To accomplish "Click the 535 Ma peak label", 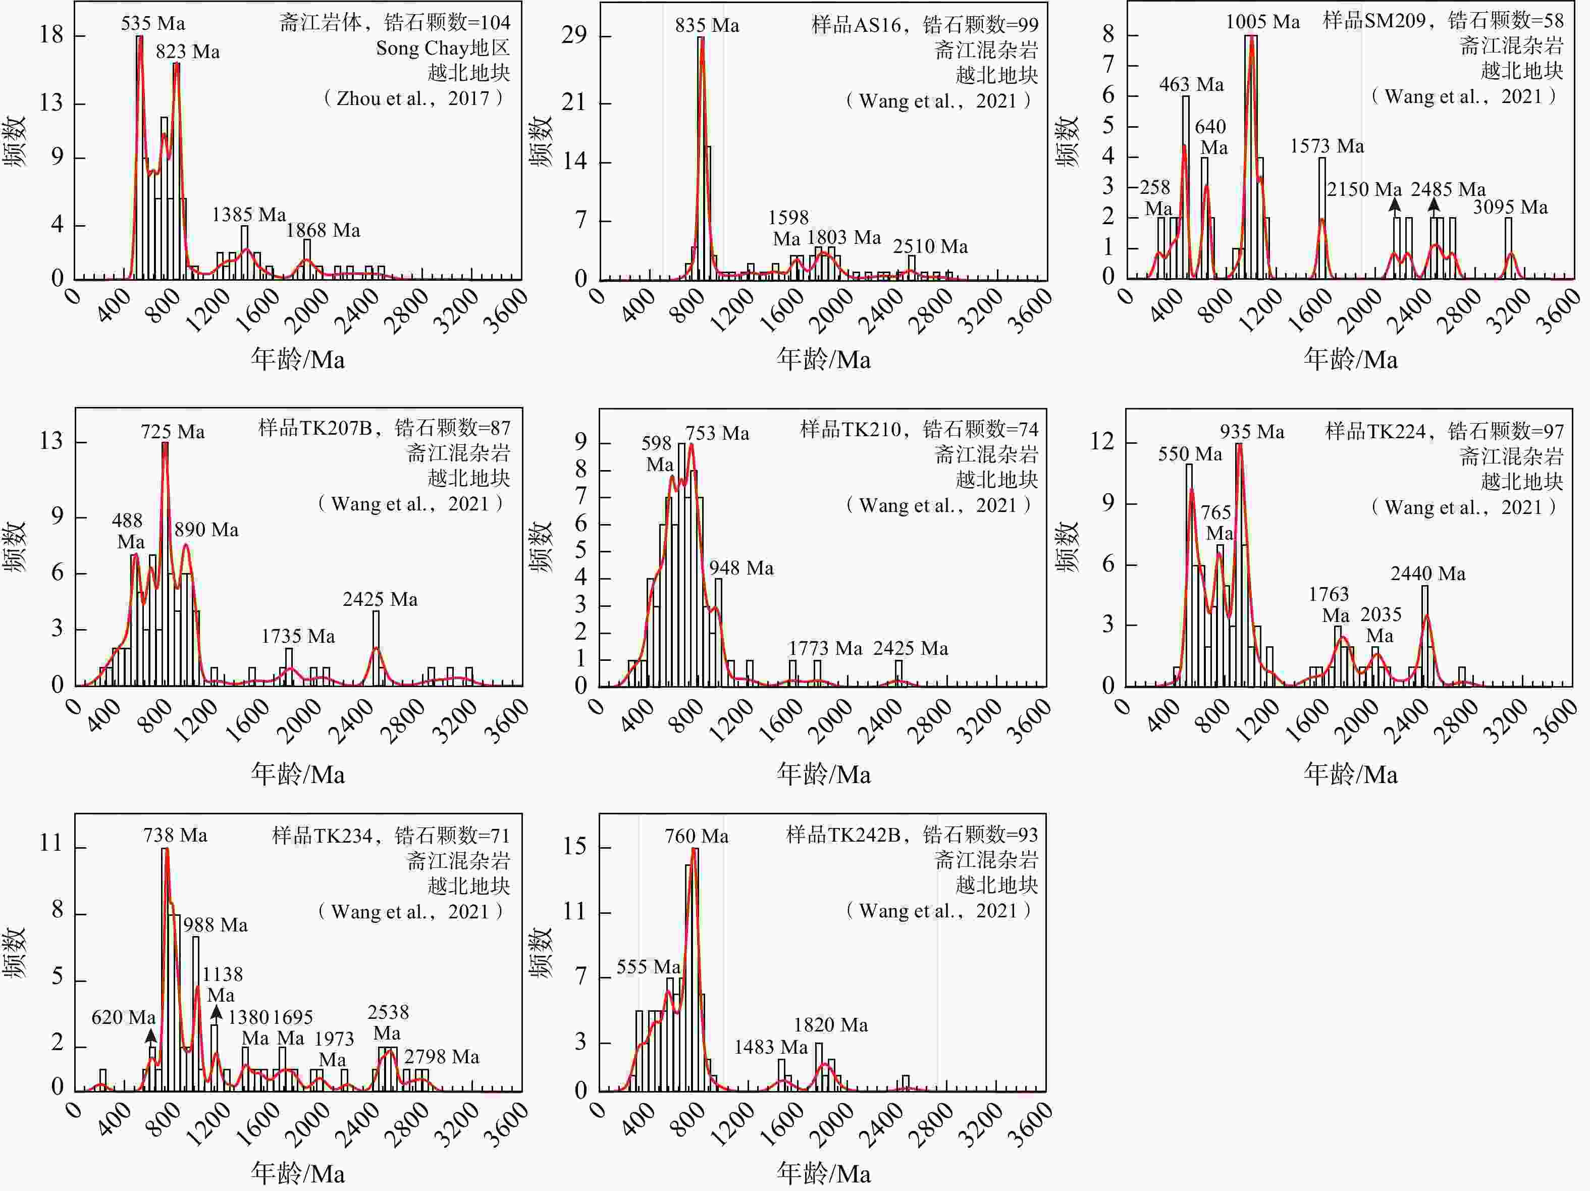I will pyautogui.click(x=152, y=24).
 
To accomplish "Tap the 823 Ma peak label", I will pyautogui.click(x=188, y=52).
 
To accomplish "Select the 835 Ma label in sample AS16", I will pyautogui.click(x=707, y=26).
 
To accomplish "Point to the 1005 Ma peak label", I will pyautogui.click(x=1262, y=22).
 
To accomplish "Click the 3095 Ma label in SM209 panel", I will pyautogui.click(x=1510, y=208).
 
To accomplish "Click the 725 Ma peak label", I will pyautogui.click(x=173, y=432).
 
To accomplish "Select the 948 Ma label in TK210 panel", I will pyautogui.click(x=741, y=568).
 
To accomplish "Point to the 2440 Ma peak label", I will pyautogui.click(x=1427, y=574).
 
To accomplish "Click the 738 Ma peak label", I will pyautogui.click(x=175, y=835).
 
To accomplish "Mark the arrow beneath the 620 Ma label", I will pyautogui.click(x=150, y=1035).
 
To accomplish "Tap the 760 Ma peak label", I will pyautogui.click(x=696, y=837).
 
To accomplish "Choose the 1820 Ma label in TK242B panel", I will pyautogui.click(x=830, y=1025).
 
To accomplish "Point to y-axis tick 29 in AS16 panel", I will pyautogui.click(x=574, y=35).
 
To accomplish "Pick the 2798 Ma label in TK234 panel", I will pyautogui.click(x=441, y=1057).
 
